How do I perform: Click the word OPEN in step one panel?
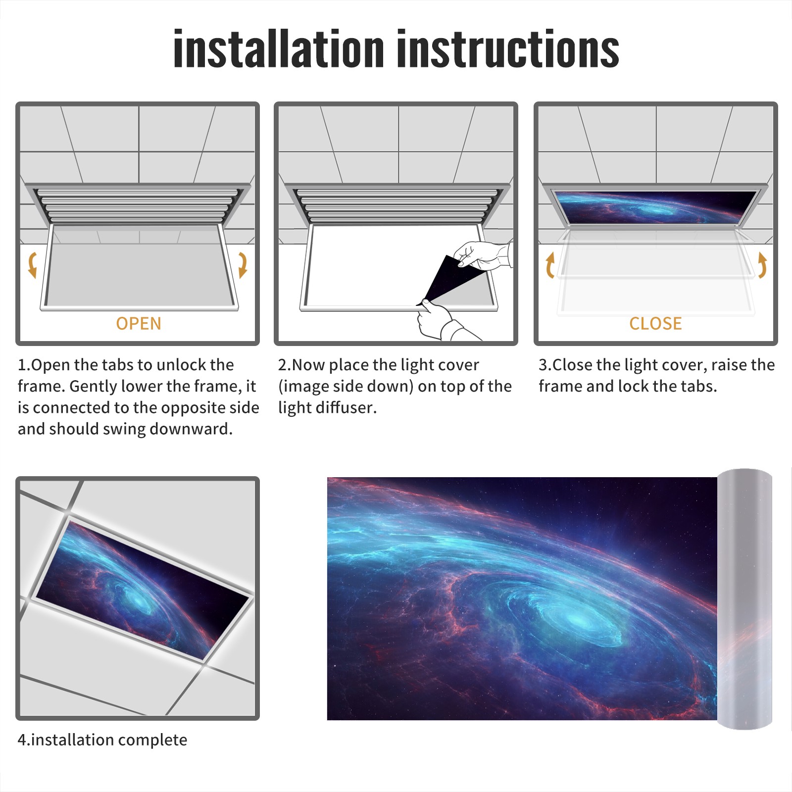[x=139, y=323]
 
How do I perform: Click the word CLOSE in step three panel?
[x=655, y=323]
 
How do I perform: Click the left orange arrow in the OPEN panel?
[x=32, y=265]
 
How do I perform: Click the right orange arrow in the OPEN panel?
[x=243, y=265]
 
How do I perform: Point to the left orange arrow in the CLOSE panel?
[x=550, y=265]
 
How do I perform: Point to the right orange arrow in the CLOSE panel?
[x=762, y=265]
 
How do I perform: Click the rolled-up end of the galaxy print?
[x=744, y=598]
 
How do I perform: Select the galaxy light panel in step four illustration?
[x=143, y=589]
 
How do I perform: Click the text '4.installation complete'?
[x=102, y=740]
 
